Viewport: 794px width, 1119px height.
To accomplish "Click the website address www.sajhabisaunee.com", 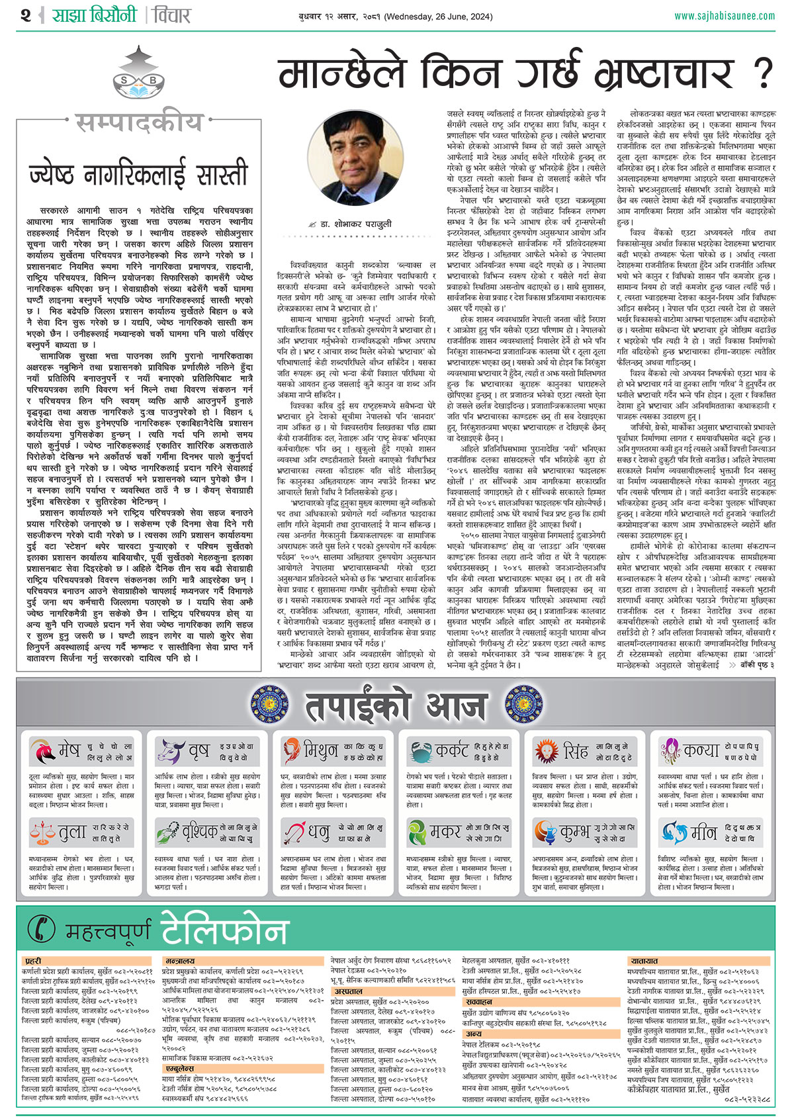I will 724,15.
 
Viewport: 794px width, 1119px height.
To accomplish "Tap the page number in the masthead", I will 26,15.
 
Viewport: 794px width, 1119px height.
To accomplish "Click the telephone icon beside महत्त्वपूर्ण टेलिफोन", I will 44,930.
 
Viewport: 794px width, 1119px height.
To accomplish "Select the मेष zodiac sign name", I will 69,751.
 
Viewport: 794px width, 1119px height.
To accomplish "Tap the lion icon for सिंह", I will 546,751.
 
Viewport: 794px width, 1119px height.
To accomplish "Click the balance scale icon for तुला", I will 42,832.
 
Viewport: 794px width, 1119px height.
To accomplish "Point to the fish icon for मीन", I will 673,832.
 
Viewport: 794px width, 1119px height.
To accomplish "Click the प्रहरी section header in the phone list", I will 33,960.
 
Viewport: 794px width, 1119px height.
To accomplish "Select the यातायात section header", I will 644,960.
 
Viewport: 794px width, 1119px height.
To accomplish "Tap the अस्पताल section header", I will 348,991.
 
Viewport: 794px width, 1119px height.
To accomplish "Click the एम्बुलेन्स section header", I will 179,1068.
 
